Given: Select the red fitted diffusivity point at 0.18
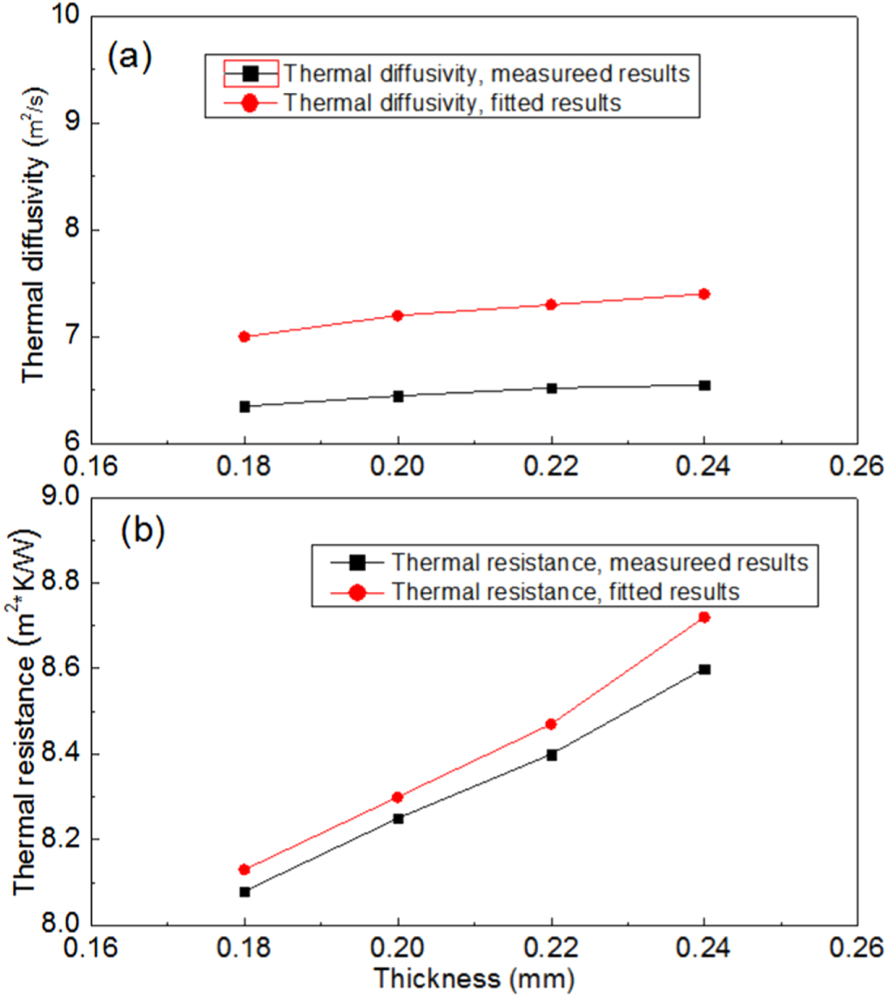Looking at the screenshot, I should coord(245,336).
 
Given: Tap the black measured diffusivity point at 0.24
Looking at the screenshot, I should coord(704,385).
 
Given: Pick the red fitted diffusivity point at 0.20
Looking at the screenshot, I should coord(398,315).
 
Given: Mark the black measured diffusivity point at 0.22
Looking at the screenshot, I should coord(551,388).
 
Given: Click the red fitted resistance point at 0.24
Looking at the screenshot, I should coord(704,617).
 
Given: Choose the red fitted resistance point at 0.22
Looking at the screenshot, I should coord(551,724).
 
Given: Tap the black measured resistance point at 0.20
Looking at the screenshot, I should coord(398,818).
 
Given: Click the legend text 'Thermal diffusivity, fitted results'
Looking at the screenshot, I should coord(452,103).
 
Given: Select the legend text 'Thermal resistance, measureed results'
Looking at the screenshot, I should coord(601,563).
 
